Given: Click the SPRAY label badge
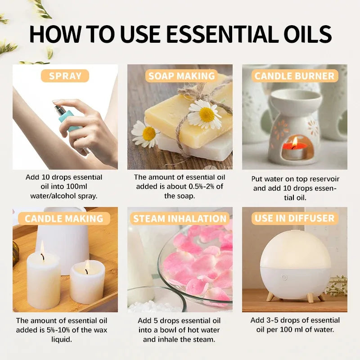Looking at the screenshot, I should [x=65, y=76].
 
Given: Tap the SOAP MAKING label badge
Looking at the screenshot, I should [x=181, y=76].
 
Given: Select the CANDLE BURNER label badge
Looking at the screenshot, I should [x=295, y=76].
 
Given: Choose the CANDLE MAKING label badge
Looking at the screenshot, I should [x=64, y=219].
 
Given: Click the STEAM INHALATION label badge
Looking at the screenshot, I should [x=180, y=219].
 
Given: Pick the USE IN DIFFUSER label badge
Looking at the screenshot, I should [x=295, y=219].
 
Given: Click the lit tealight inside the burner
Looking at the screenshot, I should [x=295, y=151].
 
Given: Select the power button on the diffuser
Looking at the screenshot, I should [x=284, y=277].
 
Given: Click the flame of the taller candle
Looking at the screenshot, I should [x=43, y=247].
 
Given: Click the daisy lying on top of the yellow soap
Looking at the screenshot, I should [x=205, y=114].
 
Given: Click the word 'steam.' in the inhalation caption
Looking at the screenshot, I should [x=203, y=339].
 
